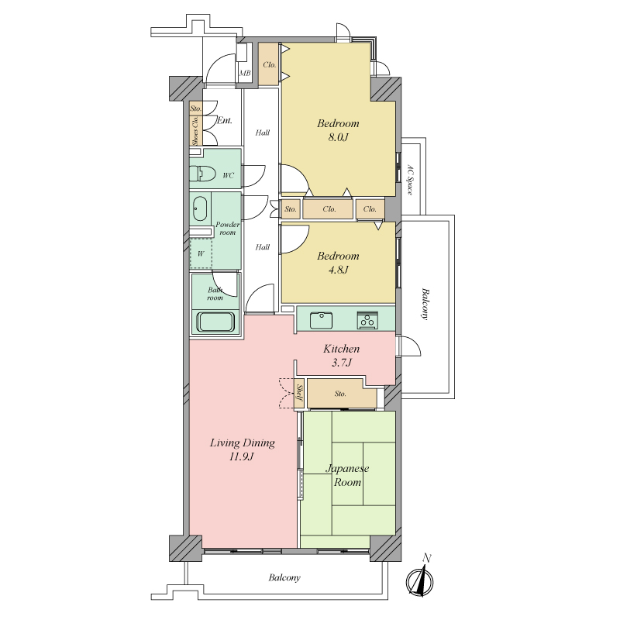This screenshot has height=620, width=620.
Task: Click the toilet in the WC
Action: coord(202,174)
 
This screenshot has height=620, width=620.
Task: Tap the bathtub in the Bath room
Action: coord(215,322)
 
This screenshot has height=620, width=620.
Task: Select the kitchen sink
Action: coord(321,320)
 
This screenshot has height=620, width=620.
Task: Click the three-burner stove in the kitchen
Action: coord(367,320)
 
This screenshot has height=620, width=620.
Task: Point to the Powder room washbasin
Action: coord(200,208)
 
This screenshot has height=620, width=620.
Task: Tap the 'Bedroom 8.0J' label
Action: coord(338,130)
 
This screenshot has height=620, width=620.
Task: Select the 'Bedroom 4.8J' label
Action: coord(338,263)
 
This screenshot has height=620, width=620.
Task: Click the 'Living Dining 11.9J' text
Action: coord(243,449)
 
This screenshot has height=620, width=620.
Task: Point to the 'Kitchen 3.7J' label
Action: coord(342,355)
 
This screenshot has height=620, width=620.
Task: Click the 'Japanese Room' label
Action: coord(347,475)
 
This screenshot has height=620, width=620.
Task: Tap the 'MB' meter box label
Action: coord(245,73)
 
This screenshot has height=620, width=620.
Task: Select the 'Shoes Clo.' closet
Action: coord(196,130)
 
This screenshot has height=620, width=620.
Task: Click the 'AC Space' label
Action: coord(410,180)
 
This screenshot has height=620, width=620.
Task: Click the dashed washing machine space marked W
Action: coord(201,253)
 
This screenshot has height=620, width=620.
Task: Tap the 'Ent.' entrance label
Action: coord(225,120)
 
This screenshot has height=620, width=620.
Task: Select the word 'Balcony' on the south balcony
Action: coord(284,577)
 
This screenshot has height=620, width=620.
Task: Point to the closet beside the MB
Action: coord(268,64)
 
